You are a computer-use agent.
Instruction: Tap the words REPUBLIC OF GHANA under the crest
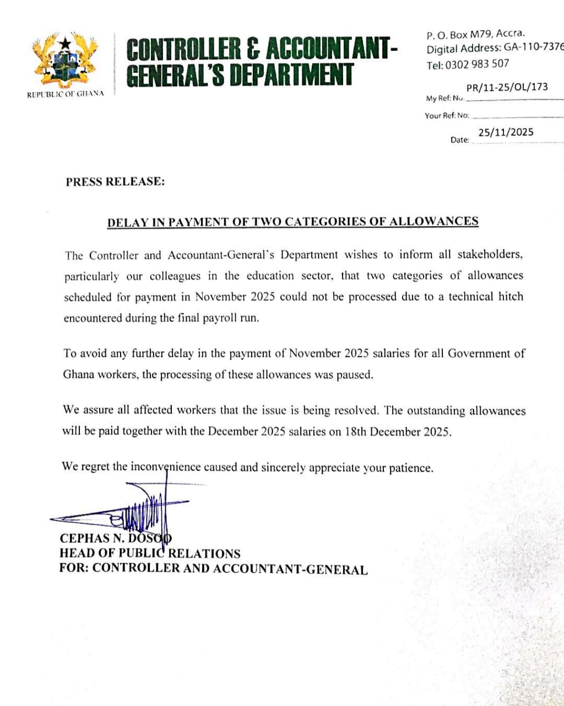click(x=66, y=94)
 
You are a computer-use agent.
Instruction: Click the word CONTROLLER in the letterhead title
click(x=184, y=50)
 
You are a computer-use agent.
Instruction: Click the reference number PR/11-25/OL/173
click(x=507, y=87)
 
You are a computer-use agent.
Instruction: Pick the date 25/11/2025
click(x=506, y=132)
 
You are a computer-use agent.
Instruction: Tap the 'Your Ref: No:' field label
click(x=447, y=116)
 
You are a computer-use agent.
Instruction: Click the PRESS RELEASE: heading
click(x=115, y=181)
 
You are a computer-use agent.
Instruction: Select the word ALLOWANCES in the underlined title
click(x=433, y=222)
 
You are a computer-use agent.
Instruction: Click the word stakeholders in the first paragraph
click(x=490, y=255)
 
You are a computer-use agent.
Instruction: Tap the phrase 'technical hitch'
click(x=485, y=297)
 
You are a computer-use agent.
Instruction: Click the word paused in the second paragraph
click(x=355, y=375)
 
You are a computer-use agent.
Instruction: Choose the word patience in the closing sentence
click(x=410, y=468)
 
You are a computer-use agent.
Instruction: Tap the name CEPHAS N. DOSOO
click(x=116, y=539)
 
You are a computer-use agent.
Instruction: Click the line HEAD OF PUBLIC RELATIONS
click(x=150, y=554)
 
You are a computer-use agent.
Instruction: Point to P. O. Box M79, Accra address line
click(x=476, y=35)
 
